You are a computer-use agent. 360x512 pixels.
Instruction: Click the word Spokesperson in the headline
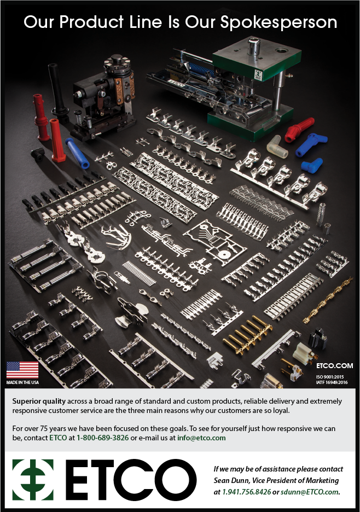[278, 23]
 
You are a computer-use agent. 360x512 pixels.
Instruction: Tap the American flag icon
[22, 370]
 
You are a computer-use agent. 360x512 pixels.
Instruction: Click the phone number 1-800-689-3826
[102, 438]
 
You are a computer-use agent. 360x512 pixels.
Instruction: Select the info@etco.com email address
[201, 438]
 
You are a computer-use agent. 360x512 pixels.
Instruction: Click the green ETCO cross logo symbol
[33, 480]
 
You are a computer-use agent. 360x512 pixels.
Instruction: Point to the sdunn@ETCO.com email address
[310, 491]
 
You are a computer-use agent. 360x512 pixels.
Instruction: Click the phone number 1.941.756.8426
[247, 491]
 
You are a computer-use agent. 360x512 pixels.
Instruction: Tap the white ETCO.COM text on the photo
[334, 366]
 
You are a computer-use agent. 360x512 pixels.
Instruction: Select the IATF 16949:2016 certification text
[332, 382]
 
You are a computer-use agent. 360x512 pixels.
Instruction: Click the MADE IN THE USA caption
[22, 382]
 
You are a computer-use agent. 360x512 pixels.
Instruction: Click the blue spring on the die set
[201, 71]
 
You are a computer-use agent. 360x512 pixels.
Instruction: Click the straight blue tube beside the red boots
[77, 153]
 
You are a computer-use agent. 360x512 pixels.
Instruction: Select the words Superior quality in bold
[39, 401]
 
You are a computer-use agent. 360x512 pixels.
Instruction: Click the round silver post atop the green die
[253, 46]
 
